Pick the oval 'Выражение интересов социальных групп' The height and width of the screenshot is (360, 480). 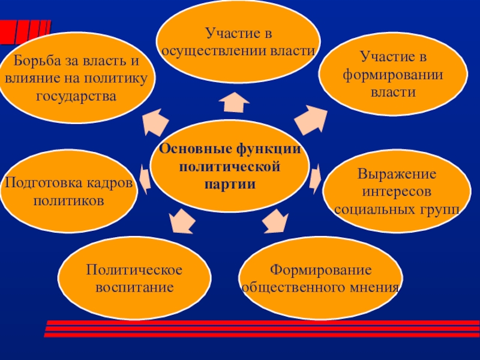coord(397,193)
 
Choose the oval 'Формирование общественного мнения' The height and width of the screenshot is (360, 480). coord(320,275)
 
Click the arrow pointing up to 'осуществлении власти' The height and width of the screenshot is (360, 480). coord(233,103)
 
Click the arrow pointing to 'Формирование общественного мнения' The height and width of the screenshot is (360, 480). coord(275,220)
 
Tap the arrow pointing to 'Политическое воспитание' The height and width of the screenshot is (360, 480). coord(182,221)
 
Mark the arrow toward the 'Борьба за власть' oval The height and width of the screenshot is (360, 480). coord(155,121)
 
